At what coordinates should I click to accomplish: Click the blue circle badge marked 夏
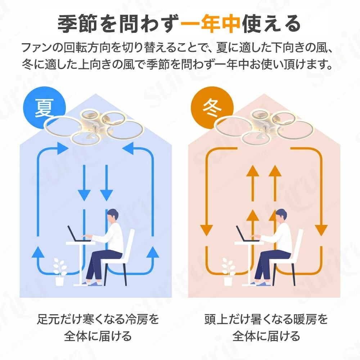44,108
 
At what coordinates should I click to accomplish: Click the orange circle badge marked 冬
212,108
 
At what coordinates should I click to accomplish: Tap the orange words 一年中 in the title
210,23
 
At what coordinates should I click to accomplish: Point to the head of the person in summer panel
113,216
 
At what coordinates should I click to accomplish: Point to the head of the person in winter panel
281,216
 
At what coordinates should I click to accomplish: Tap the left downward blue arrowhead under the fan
84,195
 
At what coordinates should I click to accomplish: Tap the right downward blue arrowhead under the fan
106,195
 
